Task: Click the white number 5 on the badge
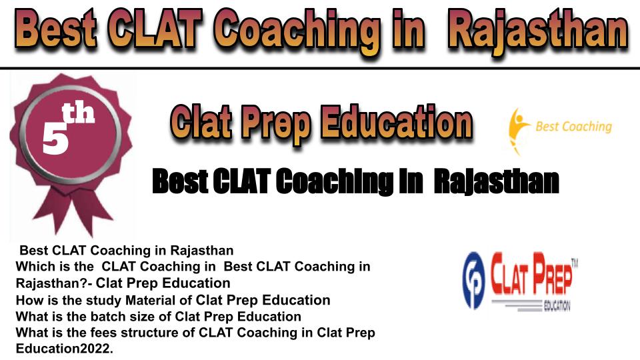55,138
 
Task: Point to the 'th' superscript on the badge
79,113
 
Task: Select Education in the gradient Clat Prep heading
396,121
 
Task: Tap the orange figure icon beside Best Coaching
518,131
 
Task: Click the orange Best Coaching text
574,127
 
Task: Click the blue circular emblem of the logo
474,281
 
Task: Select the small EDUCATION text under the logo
557,306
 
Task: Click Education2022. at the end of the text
64,349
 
